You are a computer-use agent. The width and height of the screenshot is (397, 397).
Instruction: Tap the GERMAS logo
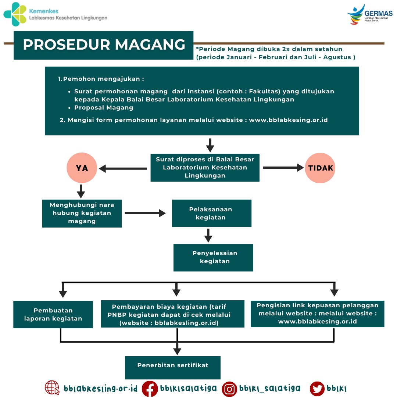369,15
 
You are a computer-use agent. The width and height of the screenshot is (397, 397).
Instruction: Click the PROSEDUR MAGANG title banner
104,45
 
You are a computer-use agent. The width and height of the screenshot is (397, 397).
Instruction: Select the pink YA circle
82,168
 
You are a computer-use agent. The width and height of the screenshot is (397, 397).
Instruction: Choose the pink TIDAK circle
320,168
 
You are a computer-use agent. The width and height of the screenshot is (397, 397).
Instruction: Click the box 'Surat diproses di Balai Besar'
205,168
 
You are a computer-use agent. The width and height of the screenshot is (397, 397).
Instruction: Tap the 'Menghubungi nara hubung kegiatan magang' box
82,213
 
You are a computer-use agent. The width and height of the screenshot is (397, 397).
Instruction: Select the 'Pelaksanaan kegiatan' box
211,213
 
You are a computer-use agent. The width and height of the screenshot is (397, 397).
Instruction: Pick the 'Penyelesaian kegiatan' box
213,257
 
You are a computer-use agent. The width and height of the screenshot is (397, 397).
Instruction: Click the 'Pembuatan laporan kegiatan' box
53,314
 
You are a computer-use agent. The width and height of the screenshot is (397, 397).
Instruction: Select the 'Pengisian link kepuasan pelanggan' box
317,314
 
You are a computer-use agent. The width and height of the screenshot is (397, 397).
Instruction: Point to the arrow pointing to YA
123,169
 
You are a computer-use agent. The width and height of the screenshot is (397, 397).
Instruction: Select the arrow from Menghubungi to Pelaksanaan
145,213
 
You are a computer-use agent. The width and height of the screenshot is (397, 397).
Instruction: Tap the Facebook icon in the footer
150,389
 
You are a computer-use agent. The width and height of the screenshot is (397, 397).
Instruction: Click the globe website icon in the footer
52,388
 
